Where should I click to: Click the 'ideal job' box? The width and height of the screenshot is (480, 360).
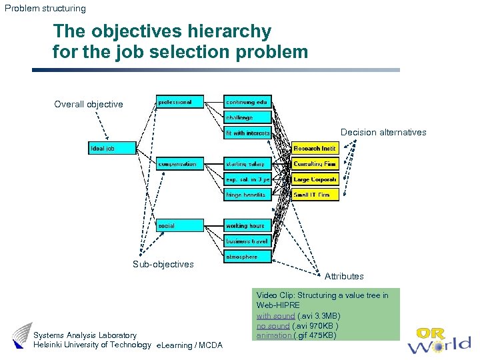coord(112,148)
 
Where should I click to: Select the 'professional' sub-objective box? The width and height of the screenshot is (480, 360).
coord(180,102)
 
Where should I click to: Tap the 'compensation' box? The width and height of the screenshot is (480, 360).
coord(180,164)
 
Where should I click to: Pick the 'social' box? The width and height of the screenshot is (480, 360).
coord(180,226)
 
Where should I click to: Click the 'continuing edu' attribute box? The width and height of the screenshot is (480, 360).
coord(247,102)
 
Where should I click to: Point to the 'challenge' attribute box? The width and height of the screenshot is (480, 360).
coord(247,117)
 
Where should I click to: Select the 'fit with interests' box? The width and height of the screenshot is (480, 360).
coord(247,133)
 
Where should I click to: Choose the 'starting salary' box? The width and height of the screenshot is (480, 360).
coord(247,164)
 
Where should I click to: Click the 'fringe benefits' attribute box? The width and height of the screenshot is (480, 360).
coord(247,195)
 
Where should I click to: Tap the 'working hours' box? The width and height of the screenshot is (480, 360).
coord(247,226)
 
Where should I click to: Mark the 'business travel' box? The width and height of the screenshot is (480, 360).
coord(247,241)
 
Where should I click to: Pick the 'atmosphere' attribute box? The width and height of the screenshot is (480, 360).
coord(247,257)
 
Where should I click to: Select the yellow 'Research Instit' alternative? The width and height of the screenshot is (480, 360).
coord(315,148)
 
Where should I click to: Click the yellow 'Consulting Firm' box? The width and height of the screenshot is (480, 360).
coord(315,164)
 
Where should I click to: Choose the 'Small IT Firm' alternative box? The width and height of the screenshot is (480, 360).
coord(315,195)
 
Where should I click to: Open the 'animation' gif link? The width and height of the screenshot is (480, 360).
coord(274,335)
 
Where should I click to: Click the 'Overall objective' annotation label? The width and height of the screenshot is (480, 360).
coord(89,104)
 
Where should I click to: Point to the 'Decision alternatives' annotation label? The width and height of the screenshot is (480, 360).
coord(383,132)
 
